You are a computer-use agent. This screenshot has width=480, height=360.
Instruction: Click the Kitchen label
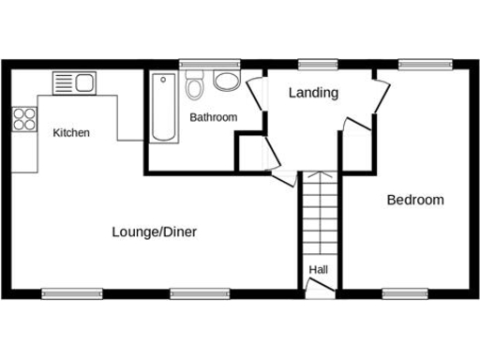point(71,133)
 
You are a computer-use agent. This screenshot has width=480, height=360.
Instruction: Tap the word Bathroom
point(213,117)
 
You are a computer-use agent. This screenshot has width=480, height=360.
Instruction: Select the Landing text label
point(313,93)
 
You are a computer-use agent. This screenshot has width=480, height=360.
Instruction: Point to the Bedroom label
point(415,200)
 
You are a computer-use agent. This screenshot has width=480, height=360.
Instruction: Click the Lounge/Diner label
point(154,232)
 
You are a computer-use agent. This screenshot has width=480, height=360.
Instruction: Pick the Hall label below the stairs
point(319,270)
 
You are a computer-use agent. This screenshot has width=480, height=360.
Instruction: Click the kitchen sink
point(73,82)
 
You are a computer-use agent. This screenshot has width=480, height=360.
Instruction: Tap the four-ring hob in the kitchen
point(24,119)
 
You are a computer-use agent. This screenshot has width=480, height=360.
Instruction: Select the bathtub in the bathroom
point(164,108)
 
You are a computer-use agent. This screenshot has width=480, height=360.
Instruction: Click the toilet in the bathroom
point(195,87)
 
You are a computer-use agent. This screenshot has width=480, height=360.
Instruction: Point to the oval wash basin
point(226,82)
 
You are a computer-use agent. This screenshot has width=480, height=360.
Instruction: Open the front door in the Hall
point(320,290)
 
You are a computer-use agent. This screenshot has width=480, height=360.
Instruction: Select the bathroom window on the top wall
point(197,65)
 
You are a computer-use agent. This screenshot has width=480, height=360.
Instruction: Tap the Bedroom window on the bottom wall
point(405,292)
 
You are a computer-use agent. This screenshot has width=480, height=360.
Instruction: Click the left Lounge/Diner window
point(72,292)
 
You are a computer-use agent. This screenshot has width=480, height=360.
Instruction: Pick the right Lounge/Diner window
point(200,292)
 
